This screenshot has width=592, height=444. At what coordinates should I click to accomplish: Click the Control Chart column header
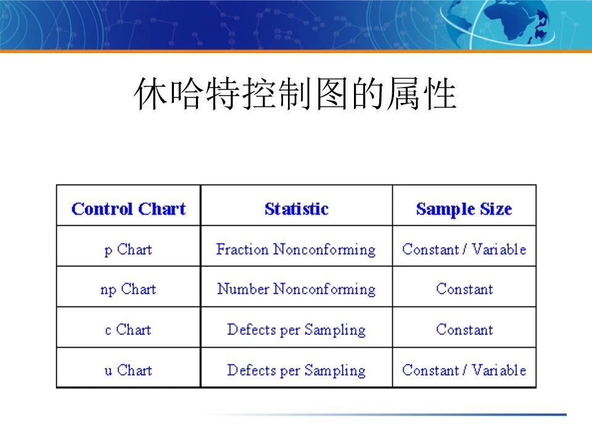pyautogui.click(x=128, y=209)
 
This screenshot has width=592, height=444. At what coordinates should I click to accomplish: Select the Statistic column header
pyautogui.click(x=296, y=209)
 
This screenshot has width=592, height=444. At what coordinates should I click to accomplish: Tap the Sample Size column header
pyautogui.click(x=464, y=209)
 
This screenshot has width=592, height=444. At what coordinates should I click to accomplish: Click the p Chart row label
pyautogui.click(x=128, y=250)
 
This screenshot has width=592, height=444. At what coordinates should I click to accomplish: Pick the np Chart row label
pyautogui.click(x=128, y=289)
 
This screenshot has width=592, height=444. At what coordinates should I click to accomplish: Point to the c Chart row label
pyautogui.click(x=128, y=330)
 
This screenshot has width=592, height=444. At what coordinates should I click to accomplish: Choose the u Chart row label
pyautogui.click(x=128, y=370)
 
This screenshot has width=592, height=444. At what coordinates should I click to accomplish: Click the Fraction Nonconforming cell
pyautogui.click(x=296, y=250)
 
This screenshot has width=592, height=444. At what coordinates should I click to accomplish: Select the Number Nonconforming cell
pyautogui.click(x=296, y=289)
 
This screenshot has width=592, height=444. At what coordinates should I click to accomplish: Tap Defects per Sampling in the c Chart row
pyautogui.click(x=296, y=330)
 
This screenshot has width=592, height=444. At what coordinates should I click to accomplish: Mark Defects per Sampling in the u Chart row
pyautogui.click(x=296, y=370)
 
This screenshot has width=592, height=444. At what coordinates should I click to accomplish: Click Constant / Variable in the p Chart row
pyautogui.click(x=464, y=250)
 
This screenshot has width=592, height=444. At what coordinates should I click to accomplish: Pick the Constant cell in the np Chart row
pyautogui.click(x=464, y=289)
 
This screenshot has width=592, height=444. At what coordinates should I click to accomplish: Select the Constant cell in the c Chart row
pyautogui.click(x=464, y=330)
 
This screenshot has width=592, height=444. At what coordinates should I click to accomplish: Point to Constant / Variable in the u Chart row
pyautogui.click(x=464, y=370)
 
